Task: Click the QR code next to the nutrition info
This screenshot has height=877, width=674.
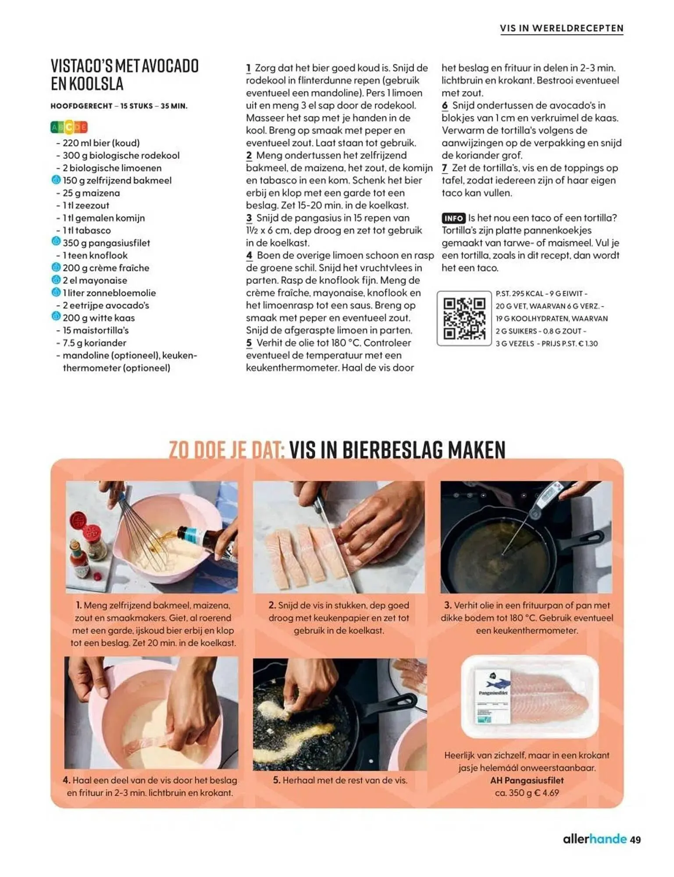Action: coord(464,318)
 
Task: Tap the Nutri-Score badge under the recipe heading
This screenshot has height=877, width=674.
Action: coord(69,127)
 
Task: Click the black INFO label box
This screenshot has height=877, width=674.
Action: coord(453,218)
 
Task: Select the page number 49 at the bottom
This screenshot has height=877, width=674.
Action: coord(635,840)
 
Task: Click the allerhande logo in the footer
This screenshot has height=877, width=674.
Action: coord(595,839)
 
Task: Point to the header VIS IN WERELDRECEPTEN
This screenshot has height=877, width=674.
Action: coord(561,29)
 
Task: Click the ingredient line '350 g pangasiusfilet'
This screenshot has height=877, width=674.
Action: coord(106,243)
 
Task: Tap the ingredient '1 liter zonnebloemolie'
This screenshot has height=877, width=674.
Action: coord(109,293)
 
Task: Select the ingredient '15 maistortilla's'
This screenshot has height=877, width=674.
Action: coord(95,330)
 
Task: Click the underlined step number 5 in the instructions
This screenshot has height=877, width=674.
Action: coord(249,343)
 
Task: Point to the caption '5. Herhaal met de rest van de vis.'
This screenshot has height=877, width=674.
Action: coord(340,780)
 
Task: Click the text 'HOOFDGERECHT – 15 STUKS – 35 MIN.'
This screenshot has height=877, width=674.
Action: coord(119,106)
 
